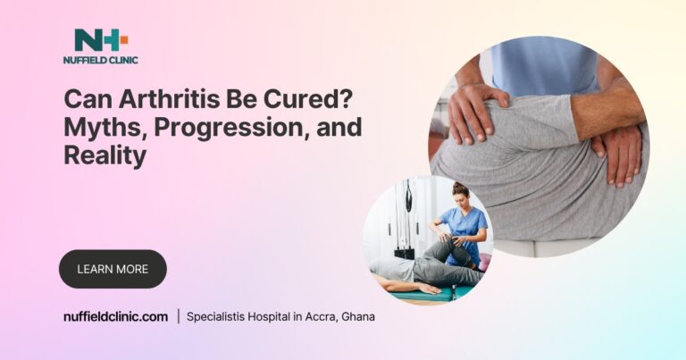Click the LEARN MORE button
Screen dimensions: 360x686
coord(113,268)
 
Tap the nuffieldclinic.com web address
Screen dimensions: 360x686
coord(115,316)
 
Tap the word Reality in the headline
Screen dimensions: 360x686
coord(105,155)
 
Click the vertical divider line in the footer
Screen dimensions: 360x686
coord(178,316)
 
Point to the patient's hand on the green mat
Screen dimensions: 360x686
coord(430,288)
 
